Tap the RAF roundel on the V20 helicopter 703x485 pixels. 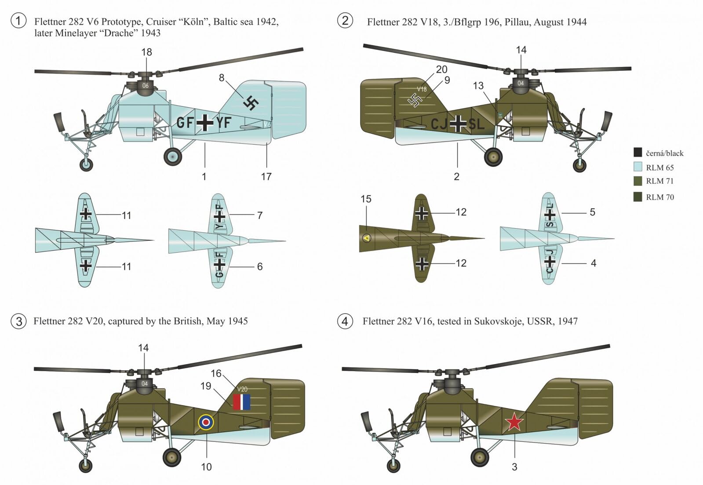(x=206, y=422)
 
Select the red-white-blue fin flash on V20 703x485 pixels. (x=241, y=402)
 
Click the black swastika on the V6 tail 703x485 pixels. (x=251, y=103)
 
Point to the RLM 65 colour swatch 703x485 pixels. (x=637, y=167)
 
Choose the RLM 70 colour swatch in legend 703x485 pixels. (x=637, y=197)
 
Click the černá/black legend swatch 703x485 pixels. (x=637, y=153)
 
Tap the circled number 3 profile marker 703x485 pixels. (x=18, y=321)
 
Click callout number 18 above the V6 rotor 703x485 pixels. (x=146, y=52)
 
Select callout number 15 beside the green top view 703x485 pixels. (x=366, y=199)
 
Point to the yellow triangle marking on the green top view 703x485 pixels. (x=366, y=238)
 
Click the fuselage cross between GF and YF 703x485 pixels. (x=204, y=122)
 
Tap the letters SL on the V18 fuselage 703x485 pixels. (x=477, y=124)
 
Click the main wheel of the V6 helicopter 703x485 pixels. (x=173, y=156)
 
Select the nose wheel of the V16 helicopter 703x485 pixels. (x=394, y=465)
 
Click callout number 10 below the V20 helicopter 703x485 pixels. (x=206, y=467)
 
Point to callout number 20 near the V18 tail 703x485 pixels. (x=441, y=69)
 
